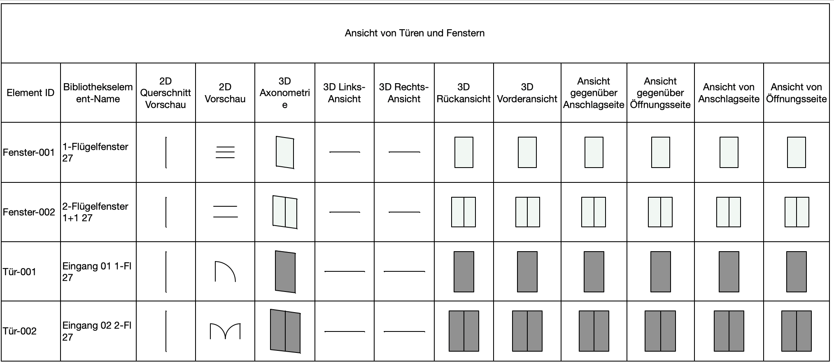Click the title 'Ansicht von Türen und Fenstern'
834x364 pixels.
415,33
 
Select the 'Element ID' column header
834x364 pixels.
30,93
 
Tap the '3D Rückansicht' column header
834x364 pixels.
464,93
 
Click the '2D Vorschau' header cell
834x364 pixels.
225,93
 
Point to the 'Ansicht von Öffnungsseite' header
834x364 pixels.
796,93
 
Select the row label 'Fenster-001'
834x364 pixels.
29,152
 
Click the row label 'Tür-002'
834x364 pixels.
20,331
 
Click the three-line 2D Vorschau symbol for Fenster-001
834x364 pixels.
225,152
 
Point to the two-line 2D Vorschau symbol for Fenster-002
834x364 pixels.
225,212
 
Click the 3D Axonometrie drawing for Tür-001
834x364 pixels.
285,272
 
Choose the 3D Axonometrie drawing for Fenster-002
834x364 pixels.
285,212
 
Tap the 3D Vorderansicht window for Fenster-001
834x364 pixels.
527,152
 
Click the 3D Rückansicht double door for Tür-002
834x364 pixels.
464,331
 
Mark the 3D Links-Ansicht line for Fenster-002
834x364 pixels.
345,212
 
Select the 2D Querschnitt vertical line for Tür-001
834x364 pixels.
166,272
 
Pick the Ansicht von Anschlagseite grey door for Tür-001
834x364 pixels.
729,272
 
